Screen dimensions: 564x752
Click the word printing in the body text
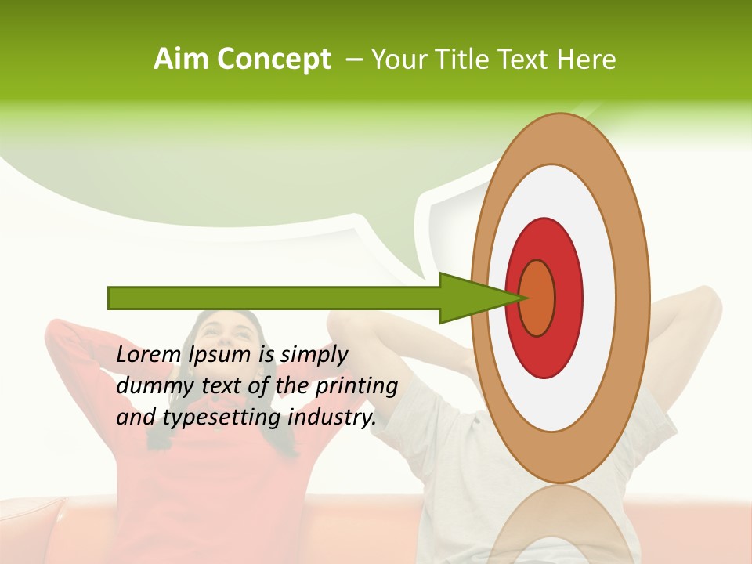pyautogui.click(x=356, y=387)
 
